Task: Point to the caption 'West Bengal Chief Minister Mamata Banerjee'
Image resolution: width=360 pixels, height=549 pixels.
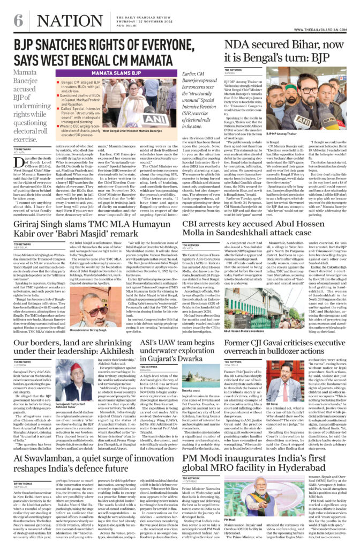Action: click(x=133, y=130)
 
